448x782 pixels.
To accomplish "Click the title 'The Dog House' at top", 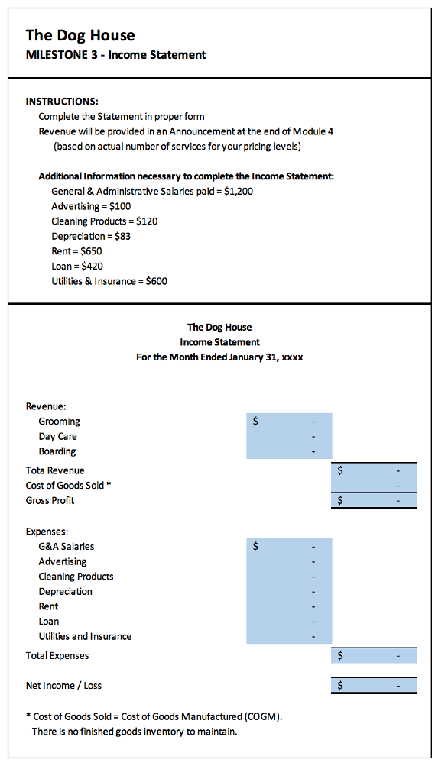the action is tap(80, 35).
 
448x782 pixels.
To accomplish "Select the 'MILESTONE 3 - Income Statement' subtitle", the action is tap(115, 55).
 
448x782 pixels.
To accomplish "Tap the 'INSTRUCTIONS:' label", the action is tap(62, 102).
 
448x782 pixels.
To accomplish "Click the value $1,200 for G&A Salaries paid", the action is tap(239, 191).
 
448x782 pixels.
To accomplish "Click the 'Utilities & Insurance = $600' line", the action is tap(109, 281).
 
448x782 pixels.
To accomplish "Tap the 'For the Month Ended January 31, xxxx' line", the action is tap(219, 357).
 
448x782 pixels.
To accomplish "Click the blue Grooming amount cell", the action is tap(289, 421).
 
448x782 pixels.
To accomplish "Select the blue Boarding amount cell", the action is tap(289, 451).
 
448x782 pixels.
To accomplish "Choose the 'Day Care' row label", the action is tap(57, 436).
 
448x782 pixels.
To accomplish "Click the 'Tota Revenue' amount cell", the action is tap(374, 470).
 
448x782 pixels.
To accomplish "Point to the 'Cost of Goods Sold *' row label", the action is tap(69, 485).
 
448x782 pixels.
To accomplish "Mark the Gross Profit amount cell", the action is tap(374, 501).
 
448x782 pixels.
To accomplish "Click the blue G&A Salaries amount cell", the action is tap(289, 546).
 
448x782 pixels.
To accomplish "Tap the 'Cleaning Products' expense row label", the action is tap(76, 576).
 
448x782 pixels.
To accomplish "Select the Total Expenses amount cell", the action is tap(374, 655).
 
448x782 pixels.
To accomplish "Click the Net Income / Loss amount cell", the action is tap(374, 685).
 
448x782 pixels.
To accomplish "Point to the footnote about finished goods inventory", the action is tap(135, 732).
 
